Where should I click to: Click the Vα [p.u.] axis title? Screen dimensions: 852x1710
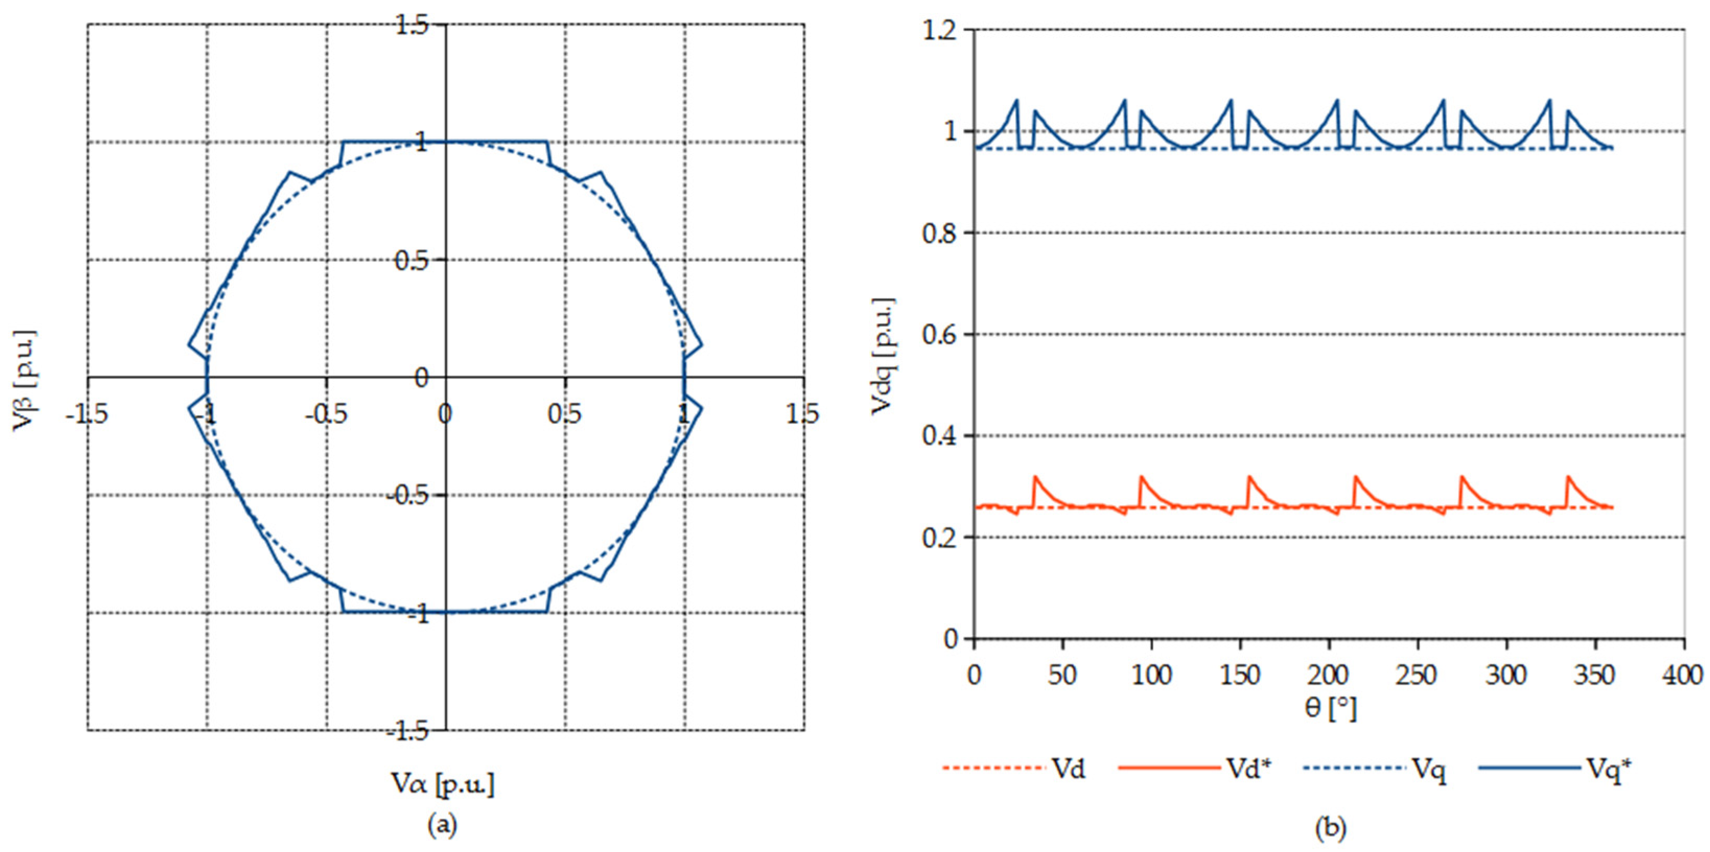click(443, 784)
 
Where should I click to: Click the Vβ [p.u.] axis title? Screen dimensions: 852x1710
click(25, 380)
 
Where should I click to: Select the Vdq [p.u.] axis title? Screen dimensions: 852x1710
click(883, 356)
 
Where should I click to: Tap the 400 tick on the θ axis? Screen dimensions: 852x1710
click(1684, 675)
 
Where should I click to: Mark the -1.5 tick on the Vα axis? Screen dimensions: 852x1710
click(86, 415)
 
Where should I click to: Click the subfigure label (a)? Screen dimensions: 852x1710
click(443, 825)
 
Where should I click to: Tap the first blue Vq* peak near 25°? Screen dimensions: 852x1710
click(1016, 101)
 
